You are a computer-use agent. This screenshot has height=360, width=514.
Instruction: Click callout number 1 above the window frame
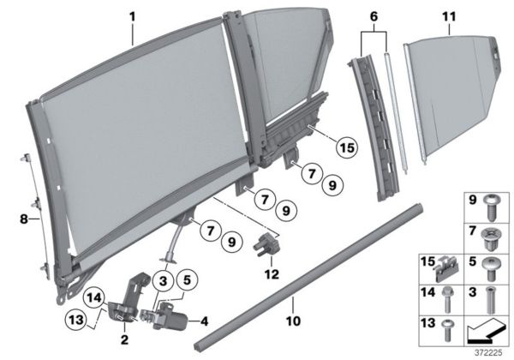pos(132,15)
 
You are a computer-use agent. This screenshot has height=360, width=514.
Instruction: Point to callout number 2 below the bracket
pos(126,339)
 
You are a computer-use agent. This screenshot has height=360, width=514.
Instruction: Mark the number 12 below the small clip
pos(272,274)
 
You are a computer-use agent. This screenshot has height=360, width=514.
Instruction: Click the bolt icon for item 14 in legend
pos(447,299)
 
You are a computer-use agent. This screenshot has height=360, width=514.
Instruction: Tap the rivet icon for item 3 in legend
pos(490,299)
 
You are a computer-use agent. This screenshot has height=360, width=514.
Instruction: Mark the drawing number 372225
pos(491,351)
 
